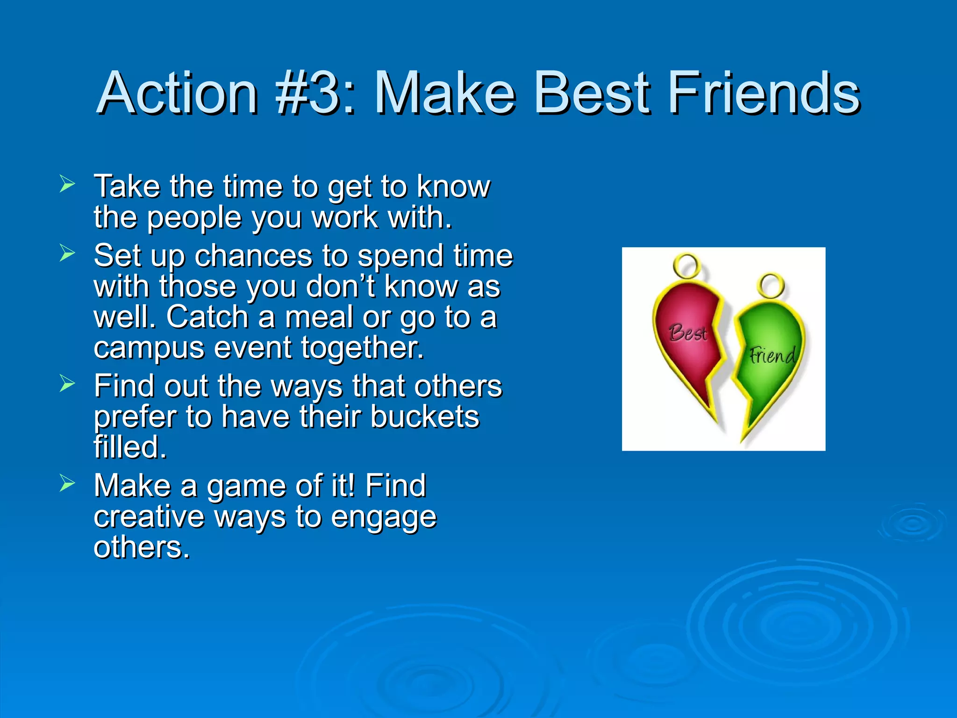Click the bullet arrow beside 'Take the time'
pos(67,184)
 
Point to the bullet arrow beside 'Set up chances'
pos(67,253)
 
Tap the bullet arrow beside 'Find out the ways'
pos(67,384)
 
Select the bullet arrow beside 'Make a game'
pos(67,483)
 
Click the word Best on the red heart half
pos(688,333)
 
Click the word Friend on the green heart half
pos(772,356)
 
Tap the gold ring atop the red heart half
pos(687,266)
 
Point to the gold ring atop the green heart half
pos(771,285)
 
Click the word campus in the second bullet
pos(149,348)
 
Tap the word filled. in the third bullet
pos(130,447)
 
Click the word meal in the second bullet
pos(319,317)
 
